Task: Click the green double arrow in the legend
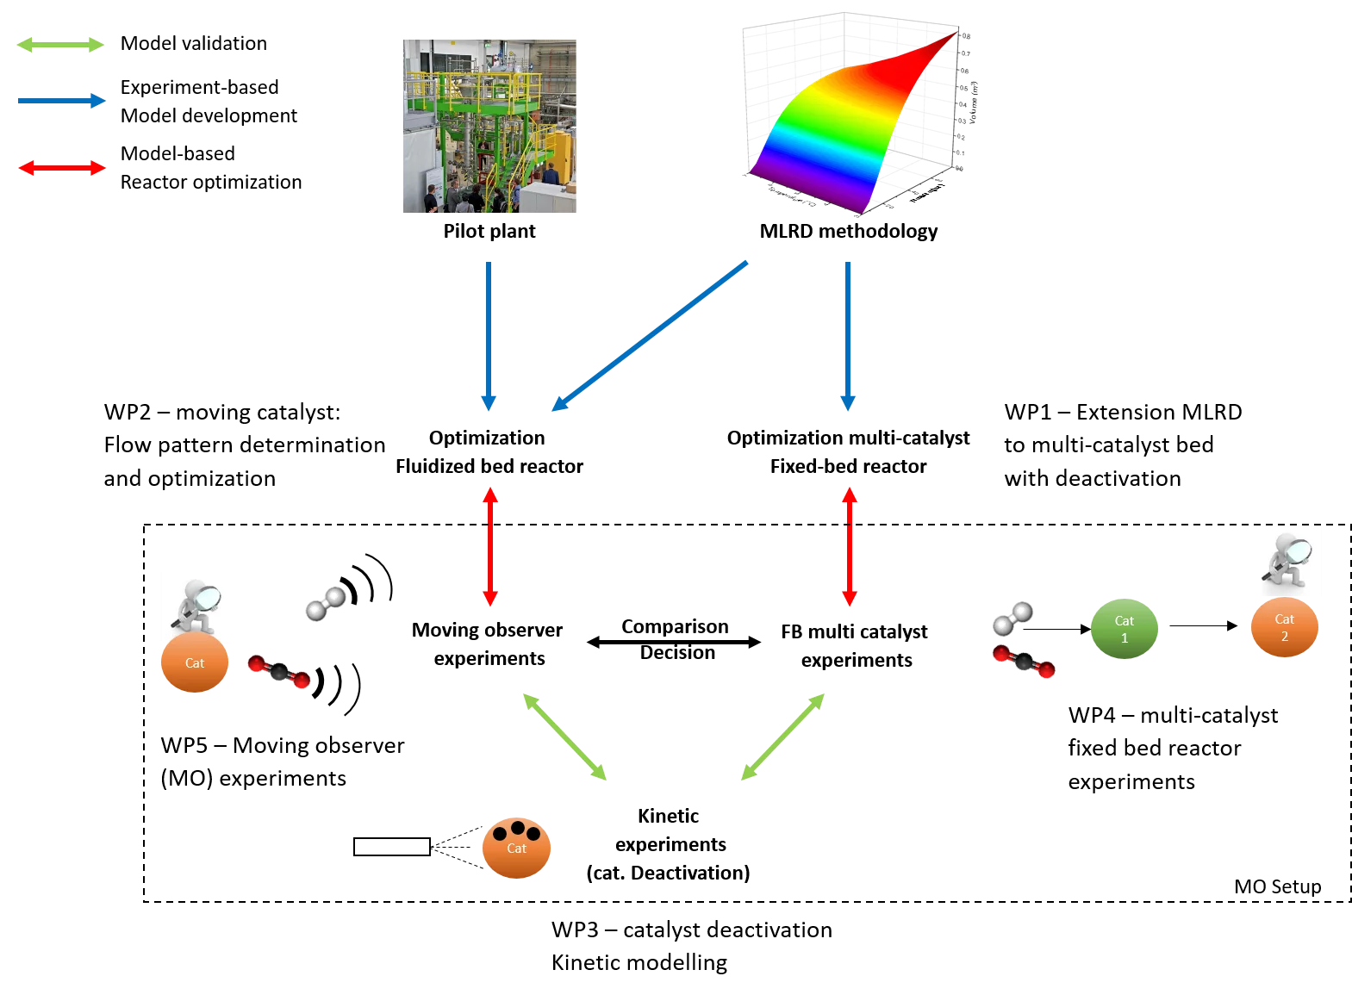click(x=60, y=45)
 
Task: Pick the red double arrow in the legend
click(x=62, y=168)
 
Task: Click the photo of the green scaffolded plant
click(x=489, y=126)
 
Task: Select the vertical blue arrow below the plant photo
click(x=489, y=336)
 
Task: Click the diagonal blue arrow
click(x=650, y=336)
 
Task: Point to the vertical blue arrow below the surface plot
click(x=848, y=336)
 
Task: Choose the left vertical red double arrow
click(x=490, y=547)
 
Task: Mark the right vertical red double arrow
click(x=850, y=547)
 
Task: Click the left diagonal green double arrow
click(x=565, y=737)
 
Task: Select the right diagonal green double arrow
click(x=782, y=737)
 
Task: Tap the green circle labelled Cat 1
click(x=1125, y=629)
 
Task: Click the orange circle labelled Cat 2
click(x=1285, y=627)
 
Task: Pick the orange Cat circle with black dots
click(x=516, y=848)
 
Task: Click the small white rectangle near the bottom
click(x=392, y=847)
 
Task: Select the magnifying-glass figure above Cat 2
click(x=1287, y=561)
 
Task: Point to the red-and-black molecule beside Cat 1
click(x=1024, y=662)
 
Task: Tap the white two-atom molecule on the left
click(x=326, y=604)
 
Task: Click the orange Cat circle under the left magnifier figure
click(x=195, y=663)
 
